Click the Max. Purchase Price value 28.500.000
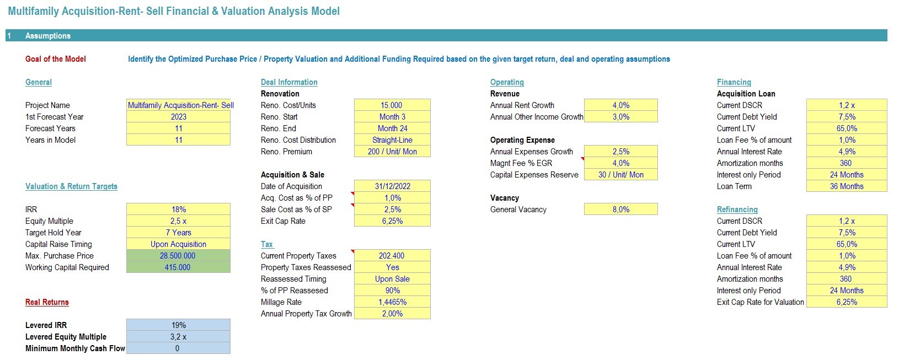[178, 256]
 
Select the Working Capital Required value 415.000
[178, 267]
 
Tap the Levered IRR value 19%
[179, 325]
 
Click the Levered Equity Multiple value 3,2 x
[179, 337]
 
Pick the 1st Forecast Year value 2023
[179, 117]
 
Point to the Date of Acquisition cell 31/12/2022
[393, 186]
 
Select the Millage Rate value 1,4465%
[393, 302]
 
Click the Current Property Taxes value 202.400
[392, 256]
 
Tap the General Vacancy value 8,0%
[621, 209]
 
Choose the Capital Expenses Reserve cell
[621, 175]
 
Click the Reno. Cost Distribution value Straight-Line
[393, 140]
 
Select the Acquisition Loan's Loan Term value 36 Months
[847, 186]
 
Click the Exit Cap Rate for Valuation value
[847, 302]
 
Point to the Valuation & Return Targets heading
[72, 186]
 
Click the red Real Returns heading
[47, 302]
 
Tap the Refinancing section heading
[737, 209]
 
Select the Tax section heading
[267, 244]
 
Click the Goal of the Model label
[55, 59]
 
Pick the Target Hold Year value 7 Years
[179, 233]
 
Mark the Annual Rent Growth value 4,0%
[621, 105]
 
